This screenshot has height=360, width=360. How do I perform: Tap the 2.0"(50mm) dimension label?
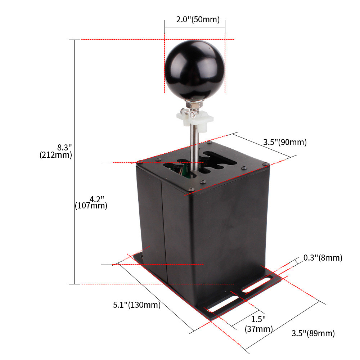click(x=198, y=19)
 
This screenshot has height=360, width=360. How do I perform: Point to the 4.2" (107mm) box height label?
click(x=91, y=202)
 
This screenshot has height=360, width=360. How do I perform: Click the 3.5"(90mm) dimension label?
click(x=285, y=142)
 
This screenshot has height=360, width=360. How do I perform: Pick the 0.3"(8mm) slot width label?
click(x=323, y=258)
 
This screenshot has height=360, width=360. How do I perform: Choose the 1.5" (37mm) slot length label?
click(x=258, y=324)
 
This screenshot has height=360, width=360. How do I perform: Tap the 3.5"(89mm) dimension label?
click(x=313, y=333)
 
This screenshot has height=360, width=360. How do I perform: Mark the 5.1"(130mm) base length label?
click(x=137, y=305)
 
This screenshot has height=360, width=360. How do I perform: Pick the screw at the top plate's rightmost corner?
click(x=266, y=164)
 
